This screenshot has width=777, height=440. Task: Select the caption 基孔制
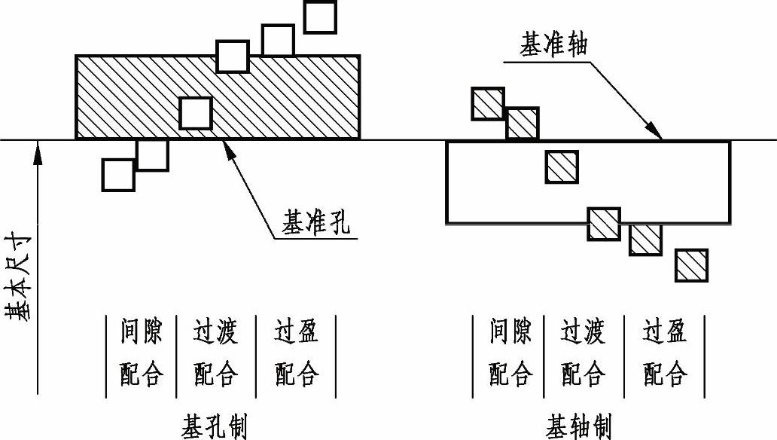tap(214, 426)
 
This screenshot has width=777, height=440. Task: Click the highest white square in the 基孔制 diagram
tap(320, 17)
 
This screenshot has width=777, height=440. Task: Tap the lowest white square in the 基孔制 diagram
tap(117, 175)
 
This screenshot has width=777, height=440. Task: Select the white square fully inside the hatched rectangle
tap(196, 112)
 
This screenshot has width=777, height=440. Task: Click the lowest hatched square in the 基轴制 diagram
tap(691, 265)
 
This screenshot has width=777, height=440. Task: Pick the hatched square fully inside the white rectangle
tap(562, 167)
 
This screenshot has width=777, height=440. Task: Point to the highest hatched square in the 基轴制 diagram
tap(487, 104)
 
